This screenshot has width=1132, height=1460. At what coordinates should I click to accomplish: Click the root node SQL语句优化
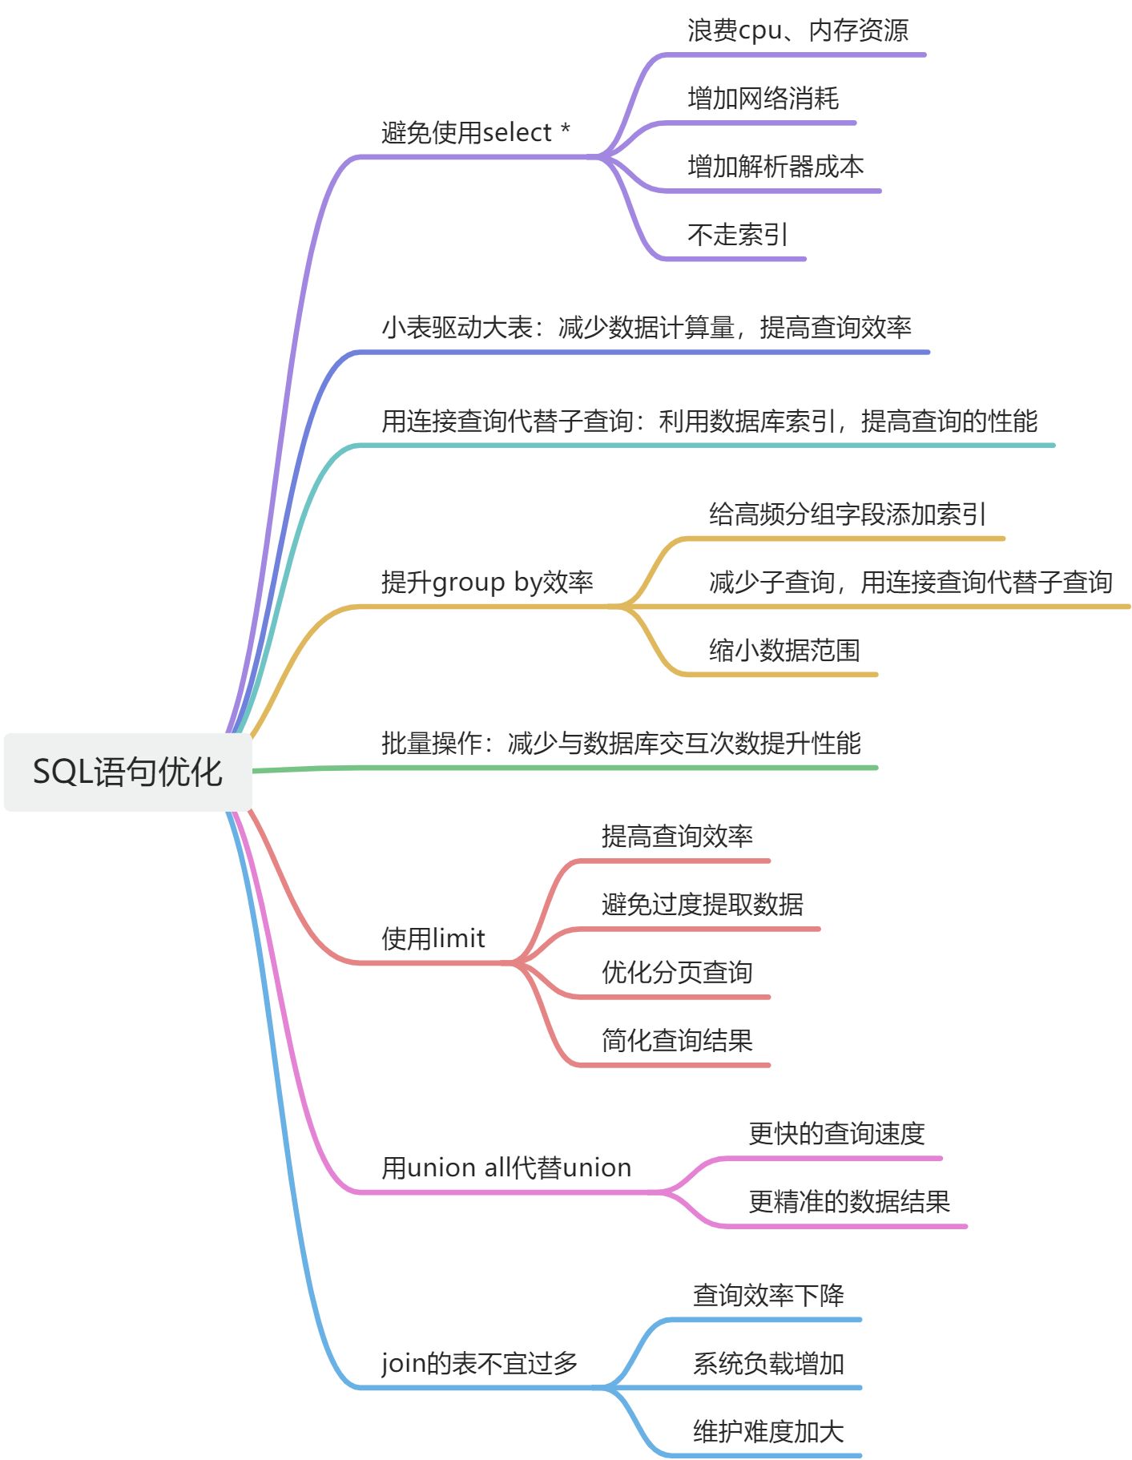(127, 772)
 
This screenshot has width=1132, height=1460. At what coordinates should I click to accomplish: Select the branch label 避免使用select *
(476, 132)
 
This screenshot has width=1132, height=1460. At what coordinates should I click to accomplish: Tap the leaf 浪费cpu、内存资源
(797, 30)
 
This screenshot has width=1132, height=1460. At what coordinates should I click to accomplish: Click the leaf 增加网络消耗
(763, 99)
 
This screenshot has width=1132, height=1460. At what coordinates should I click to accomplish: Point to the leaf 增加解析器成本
(775, 167)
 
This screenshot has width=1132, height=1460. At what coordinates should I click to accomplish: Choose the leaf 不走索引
(737, 235)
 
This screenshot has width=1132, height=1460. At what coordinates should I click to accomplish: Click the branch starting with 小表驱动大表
(646, 327)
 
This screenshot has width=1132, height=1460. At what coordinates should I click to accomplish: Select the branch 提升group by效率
(487, 582)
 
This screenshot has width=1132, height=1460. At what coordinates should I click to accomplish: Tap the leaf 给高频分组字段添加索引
(847, 514)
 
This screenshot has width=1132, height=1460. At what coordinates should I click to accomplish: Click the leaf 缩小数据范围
(784, 650)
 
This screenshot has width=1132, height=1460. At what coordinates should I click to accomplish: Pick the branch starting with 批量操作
(621, 743)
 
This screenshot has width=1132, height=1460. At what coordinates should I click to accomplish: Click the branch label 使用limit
(433, 938)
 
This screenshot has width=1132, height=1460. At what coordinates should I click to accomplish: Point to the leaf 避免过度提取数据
(702, 904)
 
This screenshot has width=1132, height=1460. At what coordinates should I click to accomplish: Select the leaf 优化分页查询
(677, 972)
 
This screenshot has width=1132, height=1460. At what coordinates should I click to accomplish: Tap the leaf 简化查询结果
(677, 1040)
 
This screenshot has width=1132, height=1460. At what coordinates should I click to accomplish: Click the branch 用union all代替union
(506, 1168)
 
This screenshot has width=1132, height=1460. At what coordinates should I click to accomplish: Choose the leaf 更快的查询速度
(836, 1133)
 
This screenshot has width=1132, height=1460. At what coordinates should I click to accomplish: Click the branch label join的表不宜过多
(479, 1362)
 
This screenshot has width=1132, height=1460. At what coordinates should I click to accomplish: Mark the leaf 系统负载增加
(768, 1363)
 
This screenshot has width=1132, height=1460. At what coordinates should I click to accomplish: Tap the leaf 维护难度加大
(768, 1431)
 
